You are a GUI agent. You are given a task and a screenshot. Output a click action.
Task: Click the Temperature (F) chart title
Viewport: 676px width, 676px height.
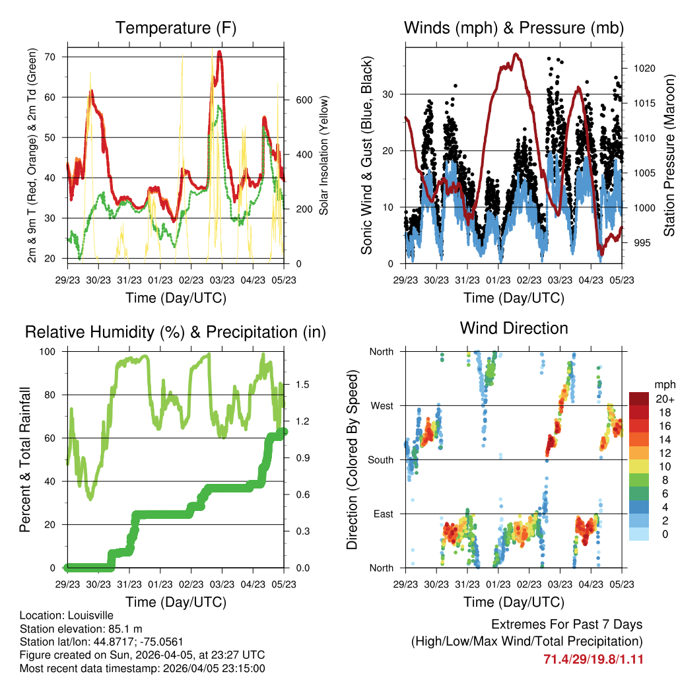coord(176,28)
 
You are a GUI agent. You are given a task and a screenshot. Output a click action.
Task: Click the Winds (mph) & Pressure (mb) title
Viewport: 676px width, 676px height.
coord(514,28)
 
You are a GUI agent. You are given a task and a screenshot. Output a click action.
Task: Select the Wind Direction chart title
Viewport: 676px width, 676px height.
coord(514,328)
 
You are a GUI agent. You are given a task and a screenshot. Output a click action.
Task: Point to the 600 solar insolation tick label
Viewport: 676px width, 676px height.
coord(302,100)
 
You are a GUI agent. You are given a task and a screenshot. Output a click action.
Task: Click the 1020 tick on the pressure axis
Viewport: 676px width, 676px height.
coord(638,68)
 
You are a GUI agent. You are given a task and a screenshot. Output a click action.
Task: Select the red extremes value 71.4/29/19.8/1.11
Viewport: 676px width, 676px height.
coord(593,659)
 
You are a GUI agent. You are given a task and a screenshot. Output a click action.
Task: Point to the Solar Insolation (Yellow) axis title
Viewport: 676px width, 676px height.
coord(324,156)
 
